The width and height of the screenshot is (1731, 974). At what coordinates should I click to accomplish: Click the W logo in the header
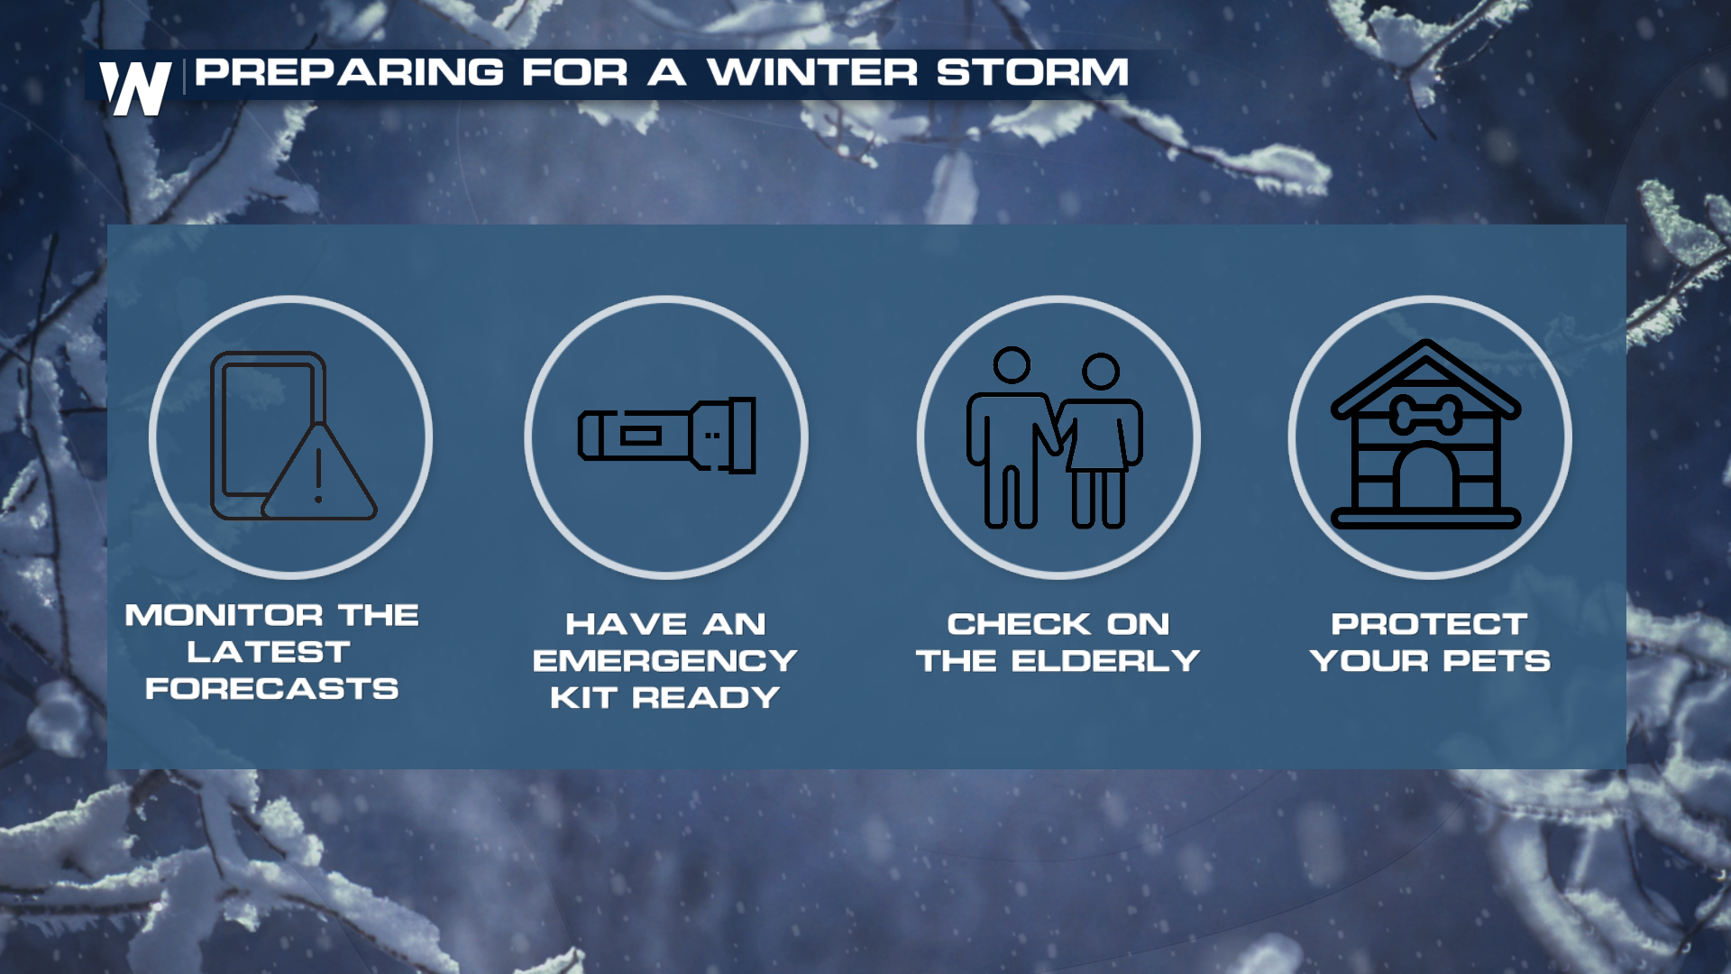(x=135, y=88)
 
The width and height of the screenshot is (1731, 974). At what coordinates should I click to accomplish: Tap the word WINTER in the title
(x=812, y=72)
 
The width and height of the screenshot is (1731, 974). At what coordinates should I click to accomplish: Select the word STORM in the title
(x=1032, y=72)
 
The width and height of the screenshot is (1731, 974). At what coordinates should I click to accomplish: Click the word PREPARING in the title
(x=350, y=72)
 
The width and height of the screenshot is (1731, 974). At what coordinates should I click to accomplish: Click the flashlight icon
(x=667, y=436)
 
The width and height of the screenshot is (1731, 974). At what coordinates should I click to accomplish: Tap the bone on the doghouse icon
(x=1425, y=415)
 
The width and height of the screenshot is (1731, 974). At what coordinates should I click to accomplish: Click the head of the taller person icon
(x=1012, y=365)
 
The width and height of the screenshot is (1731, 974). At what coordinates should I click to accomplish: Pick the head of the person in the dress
(x=1101, y=371)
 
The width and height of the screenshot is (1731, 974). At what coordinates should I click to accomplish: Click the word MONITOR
(x=224, y=615)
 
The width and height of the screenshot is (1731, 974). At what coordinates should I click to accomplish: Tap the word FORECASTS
(x=272, y=689)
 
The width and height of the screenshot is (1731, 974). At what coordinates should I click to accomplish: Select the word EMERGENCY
(x=665, y=661)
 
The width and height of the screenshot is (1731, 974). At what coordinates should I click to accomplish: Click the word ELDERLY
(x=1105, y=661)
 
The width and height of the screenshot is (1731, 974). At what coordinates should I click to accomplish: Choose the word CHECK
(x=1020, y=624)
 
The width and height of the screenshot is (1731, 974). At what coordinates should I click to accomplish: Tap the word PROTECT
(x=1430, y=624)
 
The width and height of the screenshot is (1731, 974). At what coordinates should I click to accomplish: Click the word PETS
(x=1497, y=661)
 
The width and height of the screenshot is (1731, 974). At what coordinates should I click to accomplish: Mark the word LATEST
(x=269, y=652)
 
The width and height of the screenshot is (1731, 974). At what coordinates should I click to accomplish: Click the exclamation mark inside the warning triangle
(x=318, y=475)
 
